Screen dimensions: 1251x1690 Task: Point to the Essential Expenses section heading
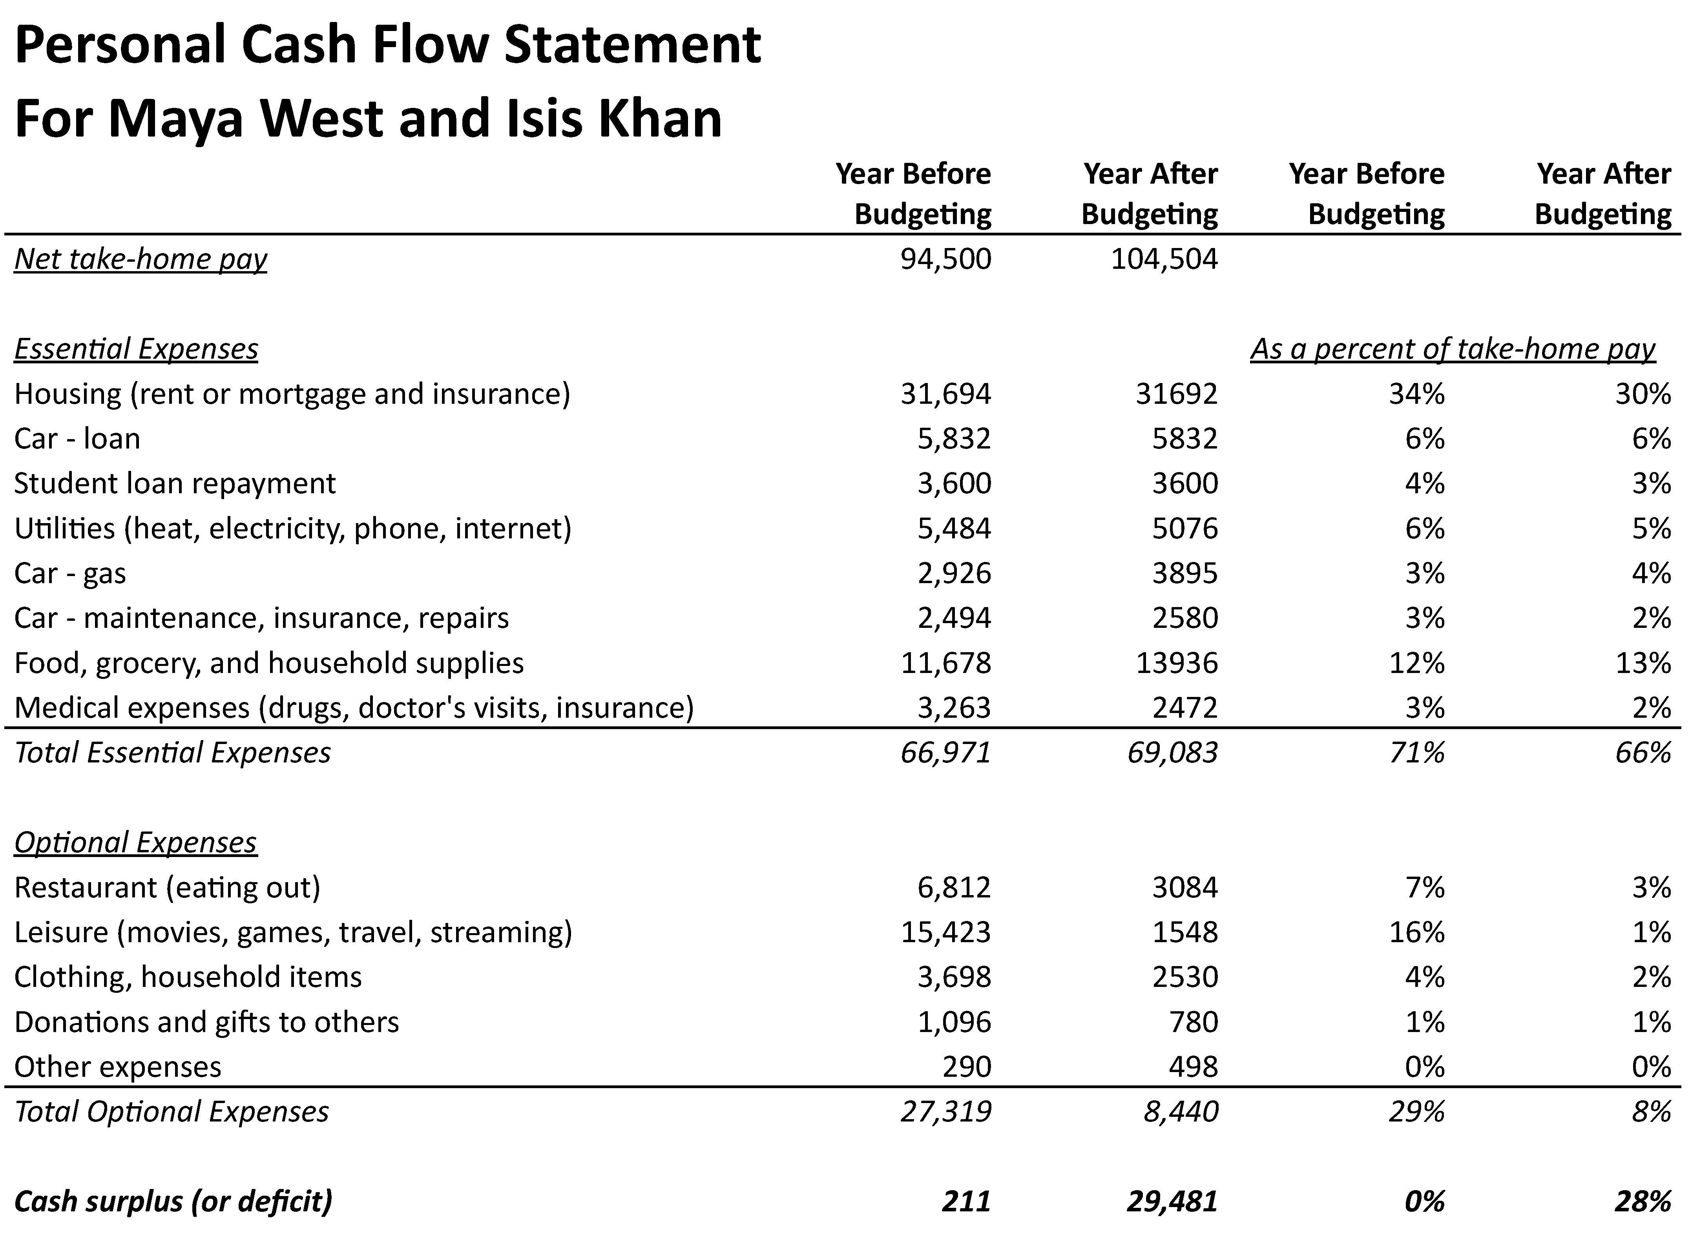pyautogui.click(x=136, y=349)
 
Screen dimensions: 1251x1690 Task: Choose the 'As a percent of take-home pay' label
pyautogui.click(x=1452, y=349)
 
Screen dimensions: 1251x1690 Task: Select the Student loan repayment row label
pyautogui.click(x=175, y=483)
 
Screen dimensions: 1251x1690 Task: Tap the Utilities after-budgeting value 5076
pyautogui.click(x=1185, y=528)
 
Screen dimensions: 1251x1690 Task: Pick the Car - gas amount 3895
pyautogui.click(x=1185, y=573)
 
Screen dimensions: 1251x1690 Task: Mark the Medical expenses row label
pyautogui.click(x=354, y=707)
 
